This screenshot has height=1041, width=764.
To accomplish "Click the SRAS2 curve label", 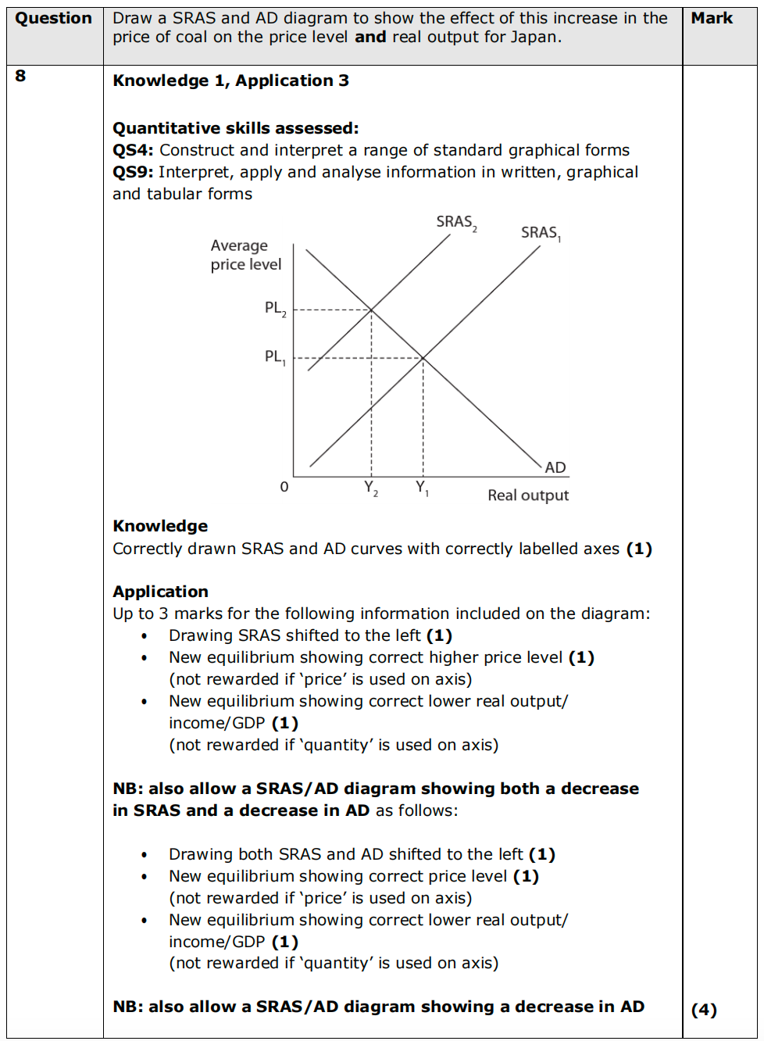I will click(x=456, y=223).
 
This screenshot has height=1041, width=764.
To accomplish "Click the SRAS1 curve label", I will click(x=541, y=233).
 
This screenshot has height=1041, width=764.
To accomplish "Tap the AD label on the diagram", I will click(x=555, y=467).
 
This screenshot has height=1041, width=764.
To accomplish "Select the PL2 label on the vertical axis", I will click(x=275, y=309).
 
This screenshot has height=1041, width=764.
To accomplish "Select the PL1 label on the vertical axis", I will click(x=275, y=357).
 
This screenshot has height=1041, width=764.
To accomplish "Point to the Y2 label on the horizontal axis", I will click(x=371, y=488).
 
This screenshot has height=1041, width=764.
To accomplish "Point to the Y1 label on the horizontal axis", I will click(x=422, y=488).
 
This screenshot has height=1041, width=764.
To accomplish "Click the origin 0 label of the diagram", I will click(x=284, y=487).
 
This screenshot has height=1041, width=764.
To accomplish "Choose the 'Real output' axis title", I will click(x=528, y=495).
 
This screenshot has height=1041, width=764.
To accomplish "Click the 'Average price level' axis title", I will click(x=245, y=255).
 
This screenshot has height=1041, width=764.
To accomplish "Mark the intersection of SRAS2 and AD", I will click(x=371, y=310).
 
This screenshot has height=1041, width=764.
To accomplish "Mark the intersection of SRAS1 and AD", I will click(x=423, y=358).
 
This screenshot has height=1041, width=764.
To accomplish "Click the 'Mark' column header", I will click(x=712, y=18).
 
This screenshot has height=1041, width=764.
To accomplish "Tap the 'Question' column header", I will click(x=54, y=18).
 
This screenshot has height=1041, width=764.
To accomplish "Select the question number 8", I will click(x=20, y=76).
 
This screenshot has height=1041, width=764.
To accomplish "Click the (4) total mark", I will click(x=704, y=1010).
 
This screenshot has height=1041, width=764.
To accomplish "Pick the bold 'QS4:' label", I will click(x=133, y=150).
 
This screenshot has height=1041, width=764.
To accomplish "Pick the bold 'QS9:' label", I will click(x=133, y=172).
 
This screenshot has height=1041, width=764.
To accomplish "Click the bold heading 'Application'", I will click(x=160, y=592).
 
